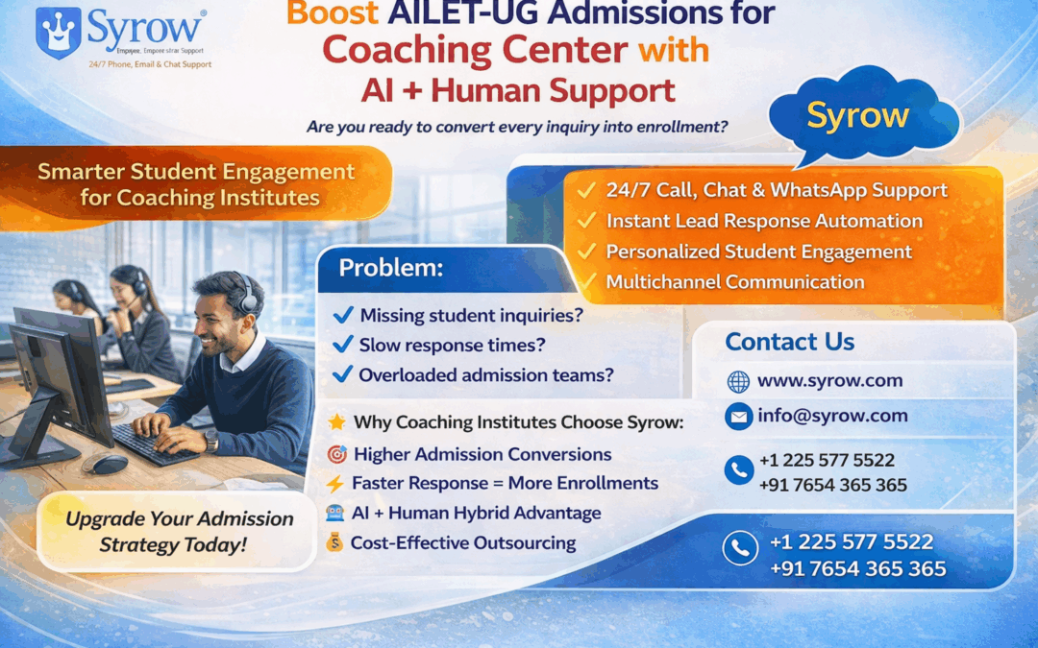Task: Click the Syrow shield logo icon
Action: pyautogui.click(x=58, y=33)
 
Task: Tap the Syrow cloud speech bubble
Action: pyautogui.click(x=858, y=116)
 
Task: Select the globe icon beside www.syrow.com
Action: pyautogui.click(x=738, y=381)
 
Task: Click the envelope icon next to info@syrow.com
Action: pyautogui.click(x=738, y=417)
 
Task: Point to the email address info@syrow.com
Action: pyautogui.click(x=832, y=416)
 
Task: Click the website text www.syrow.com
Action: pyautogui.click(x=829, y=380)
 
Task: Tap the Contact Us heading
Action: pyautogui.click(x=789, y=342)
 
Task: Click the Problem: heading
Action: pyautogui.click(x=390, y=269)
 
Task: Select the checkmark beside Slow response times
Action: pyautogui.click(x=342, y=345)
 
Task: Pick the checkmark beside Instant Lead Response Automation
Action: pyautogui.click(x=585, y=221)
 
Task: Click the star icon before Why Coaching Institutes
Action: pyautogui.click(x=336, y=422)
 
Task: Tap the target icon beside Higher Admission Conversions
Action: pyautogui.click(x=336, y=454)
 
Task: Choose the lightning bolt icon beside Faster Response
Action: pyautogui.click(x=335, y=483)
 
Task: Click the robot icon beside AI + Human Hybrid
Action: pyautogui.click(x=335, y=514)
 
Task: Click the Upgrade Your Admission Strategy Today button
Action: pyautogui.click(x=180, y=532)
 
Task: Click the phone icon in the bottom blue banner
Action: pyautogui.click(x=739, y=548)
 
